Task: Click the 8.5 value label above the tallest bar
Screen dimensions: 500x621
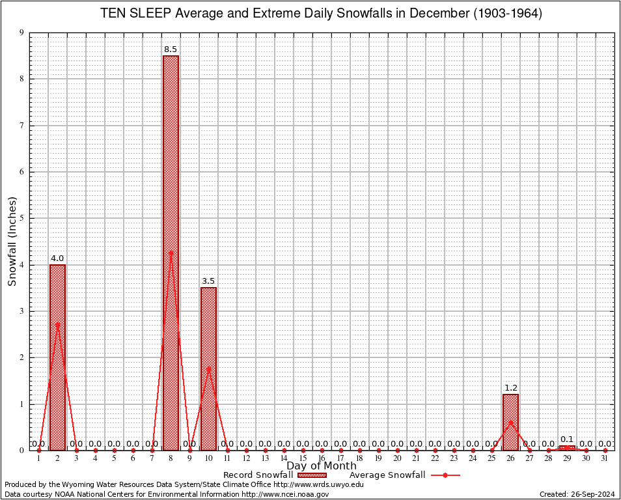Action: (x=171, y=49)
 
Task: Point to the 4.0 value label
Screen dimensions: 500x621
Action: (x=57, y=258)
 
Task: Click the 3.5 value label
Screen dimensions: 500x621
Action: (x=208, y=281)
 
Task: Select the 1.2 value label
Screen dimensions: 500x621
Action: (x=510, y=388)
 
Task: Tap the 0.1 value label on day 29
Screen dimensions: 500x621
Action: (x=567, y=439)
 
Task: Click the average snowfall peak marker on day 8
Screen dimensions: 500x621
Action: (x=171, y=253)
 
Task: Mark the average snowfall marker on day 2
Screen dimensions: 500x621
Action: (x=57, y=324)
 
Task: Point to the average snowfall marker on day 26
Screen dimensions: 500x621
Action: (x=510, y=423)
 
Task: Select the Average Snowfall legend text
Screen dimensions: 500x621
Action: (x=387, y=475)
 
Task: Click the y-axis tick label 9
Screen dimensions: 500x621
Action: (x=21, y=33)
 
